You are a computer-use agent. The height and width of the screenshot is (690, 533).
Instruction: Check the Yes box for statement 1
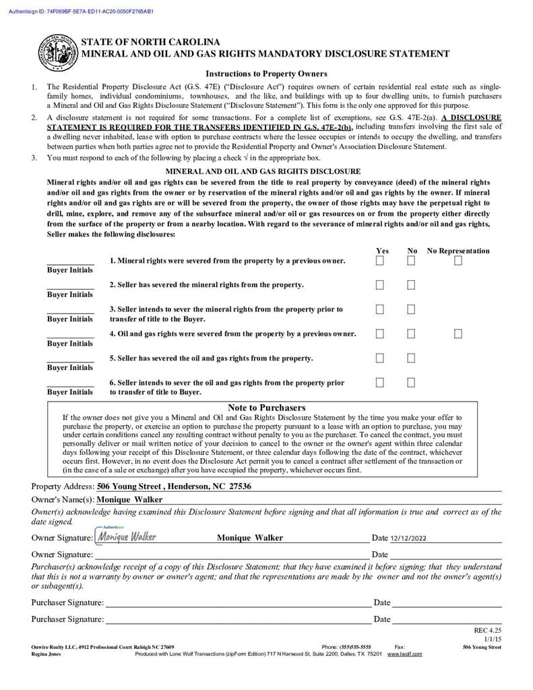380,261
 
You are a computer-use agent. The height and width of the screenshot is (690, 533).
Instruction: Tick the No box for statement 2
411,285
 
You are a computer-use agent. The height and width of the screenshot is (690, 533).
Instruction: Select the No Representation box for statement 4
458,334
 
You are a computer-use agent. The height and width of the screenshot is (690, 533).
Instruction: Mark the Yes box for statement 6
380,383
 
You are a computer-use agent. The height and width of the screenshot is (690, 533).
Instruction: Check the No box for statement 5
411,358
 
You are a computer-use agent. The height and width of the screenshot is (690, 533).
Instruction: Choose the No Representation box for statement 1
458,261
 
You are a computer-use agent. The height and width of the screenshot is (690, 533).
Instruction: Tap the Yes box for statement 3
380,309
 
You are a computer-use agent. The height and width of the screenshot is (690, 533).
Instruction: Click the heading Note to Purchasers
266,408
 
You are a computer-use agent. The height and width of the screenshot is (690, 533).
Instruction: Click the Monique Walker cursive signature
127,537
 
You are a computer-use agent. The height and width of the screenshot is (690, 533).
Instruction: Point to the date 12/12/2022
408,538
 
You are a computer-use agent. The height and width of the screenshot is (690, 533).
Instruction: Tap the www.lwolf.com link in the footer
404,654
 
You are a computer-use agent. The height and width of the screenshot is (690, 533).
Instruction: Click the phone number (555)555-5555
355,647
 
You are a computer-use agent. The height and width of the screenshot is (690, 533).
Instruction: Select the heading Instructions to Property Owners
266,74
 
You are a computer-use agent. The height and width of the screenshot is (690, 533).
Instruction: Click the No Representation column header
458,251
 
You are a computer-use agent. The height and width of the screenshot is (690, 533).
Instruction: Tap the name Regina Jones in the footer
46,654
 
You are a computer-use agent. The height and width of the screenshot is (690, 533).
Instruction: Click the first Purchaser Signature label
67,602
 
